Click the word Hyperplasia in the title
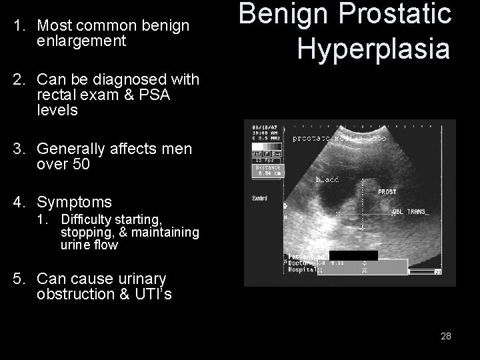pos(373,48)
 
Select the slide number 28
pos(446,336)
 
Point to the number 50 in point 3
pos(79,164)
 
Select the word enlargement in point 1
pos(81,41)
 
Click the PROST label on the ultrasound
pos(387,192)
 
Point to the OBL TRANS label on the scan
pos(410,211)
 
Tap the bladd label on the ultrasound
pos(327,179)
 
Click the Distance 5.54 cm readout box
pos(267,171)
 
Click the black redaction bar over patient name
pos(353,255)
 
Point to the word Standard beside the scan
pos(259,198)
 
